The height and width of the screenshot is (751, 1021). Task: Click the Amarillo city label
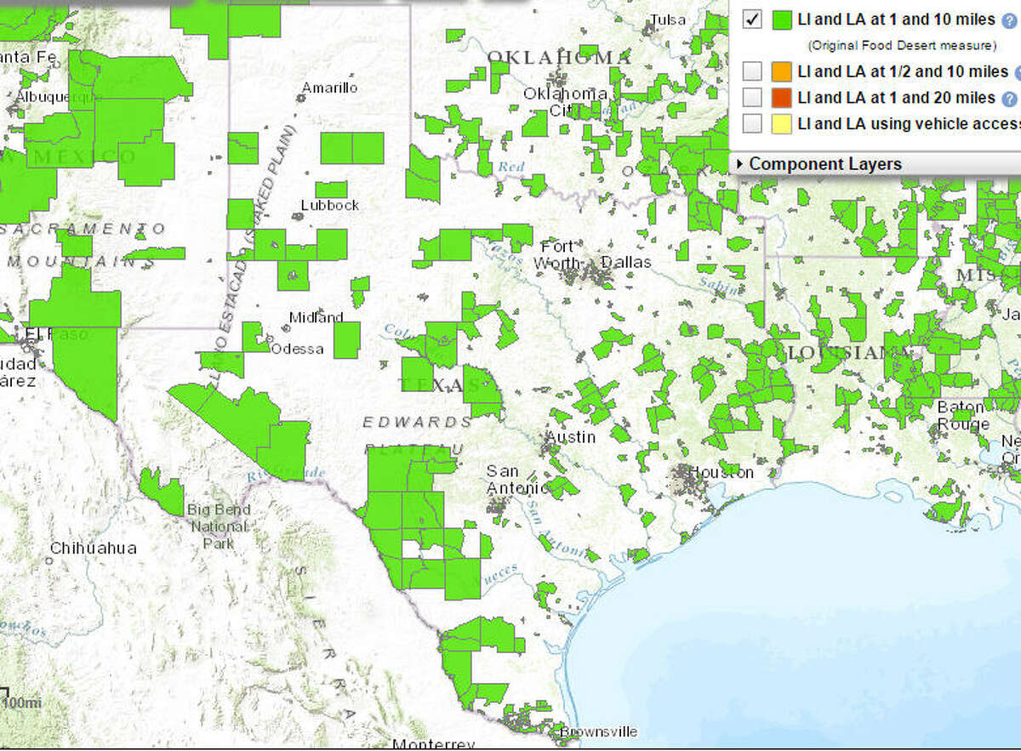click(x=330, y=88)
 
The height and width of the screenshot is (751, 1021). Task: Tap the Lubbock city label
click(x=330, y=205)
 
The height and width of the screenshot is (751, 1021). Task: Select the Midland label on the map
click(x=316, y=317)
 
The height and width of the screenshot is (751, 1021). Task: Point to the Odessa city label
click(x=297, y=349)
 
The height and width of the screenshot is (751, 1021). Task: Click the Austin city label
click(x=570, y=437)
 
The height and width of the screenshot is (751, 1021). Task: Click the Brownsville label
click(x=598, y=731)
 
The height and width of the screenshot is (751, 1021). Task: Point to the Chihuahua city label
click(x=93, y=548)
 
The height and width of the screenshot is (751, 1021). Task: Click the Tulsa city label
click(x=667, y=20)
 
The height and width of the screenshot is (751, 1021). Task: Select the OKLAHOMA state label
click(x=559, y=58)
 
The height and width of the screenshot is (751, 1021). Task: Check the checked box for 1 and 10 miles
click(x=752, y=19)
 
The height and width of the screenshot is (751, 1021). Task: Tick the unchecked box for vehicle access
click(x=752, y=123)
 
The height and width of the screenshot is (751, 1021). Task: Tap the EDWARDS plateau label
click(x=417, y=422)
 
